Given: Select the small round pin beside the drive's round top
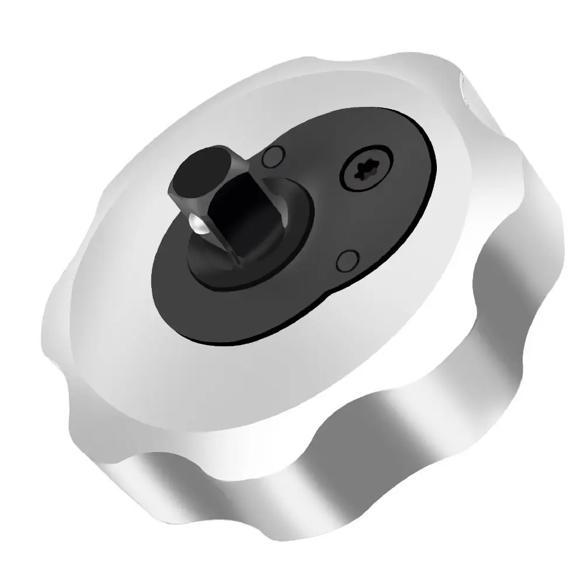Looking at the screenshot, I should (273, 156).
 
